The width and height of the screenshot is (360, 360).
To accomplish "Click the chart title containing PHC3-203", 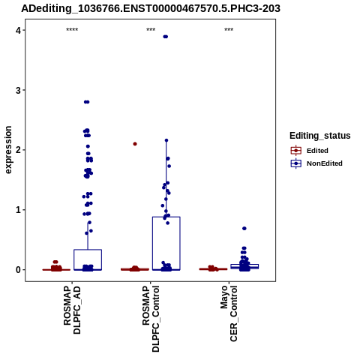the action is click(x=151, y=9).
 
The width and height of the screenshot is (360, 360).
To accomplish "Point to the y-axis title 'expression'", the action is click(x=8, y=150).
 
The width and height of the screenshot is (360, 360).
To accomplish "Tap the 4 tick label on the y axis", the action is click(x=18, y=30).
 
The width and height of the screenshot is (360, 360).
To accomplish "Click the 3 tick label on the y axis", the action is click(x=18, y=90).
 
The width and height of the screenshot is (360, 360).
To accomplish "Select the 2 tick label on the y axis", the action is click(x=18, y=150).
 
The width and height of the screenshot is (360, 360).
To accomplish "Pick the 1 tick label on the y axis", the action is click(x=18, y=210).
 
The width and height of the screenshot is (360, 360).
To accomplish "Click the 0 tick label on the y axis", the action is click(x=18, y=270).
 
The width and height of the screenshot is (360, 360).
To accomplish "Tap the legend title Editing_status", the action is click(x=320, y=136).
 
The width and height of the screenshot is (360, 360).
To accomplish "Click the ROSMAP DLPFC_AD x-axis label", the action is click(x=72, y=310).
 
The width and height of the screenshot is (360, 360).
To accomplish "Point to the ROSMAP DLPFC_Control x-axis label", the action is click(x=151, y=319).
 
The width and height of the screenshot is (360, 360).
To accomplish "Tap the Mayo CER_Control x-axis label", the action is click(x=229, y=313).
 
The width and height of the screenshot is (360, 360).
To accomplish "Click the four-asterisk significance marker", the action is click(x=72, y=30).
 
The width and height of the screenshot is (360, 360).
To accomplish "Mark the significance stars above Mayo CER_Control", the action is click(x=229, y=30).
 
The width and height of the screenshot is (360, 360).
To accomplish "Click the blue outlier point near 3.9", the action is click(x=165, y=37).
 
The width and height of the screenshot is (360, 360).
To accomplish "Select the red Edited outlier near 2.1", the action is click(x=135, y=144).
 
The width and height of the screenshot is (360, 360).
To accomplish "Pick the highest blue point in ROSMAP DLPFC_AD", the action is click(x=86, y=102).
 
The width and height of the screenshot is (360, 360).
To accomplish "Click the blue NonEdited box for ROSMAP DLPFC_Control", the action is click(x=166, y=217).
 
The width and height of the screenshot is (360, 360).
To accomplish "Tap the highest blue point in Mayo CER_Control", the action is click(x=244, y=229).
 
